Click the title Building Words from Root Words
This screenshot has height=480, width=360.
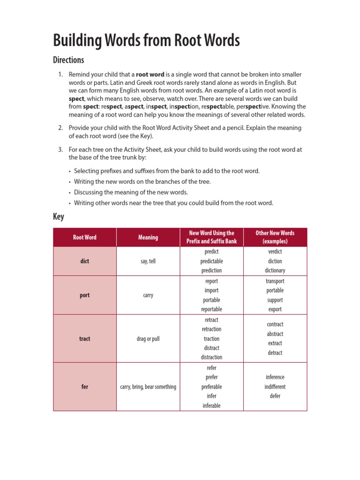(146, 41)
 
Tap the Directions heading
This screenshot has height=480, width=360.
(68, 60)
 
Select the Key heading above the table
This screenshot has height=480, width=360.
(59, 217)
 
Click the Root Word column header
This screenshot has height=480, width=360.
(85, 237)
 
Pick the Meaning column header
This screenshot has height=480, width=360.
(148, 237)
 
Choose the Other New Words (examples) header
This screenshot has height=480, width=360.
(275, 237)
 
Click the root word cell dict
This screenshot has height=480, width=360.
(85, 261)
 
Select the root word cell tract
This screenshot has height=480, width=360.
(85, 338)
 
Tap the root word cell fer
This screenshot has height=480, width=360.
(85, 387)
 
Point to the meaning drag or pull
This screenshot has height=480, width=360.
(148, 338)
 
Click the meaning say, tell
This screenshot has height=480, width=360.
(148, 261)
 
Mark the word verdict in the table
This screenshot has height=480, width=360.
(275, 252)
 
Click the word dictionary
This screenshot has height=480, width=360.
(275, 270)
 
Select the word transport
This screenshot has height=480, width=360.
(275, 281)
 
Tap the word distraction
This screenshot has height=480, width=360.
(211, 357)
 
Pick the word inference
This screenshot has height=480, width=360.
(275, 377)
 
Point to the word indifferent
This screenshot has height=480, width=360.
(275, 387)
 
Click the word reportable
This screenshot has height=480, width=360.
(211, 309)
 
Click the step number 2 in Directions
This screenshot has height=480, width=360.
(60, 128)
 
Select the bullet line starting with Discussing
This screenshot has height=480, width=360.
(131, 192)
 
